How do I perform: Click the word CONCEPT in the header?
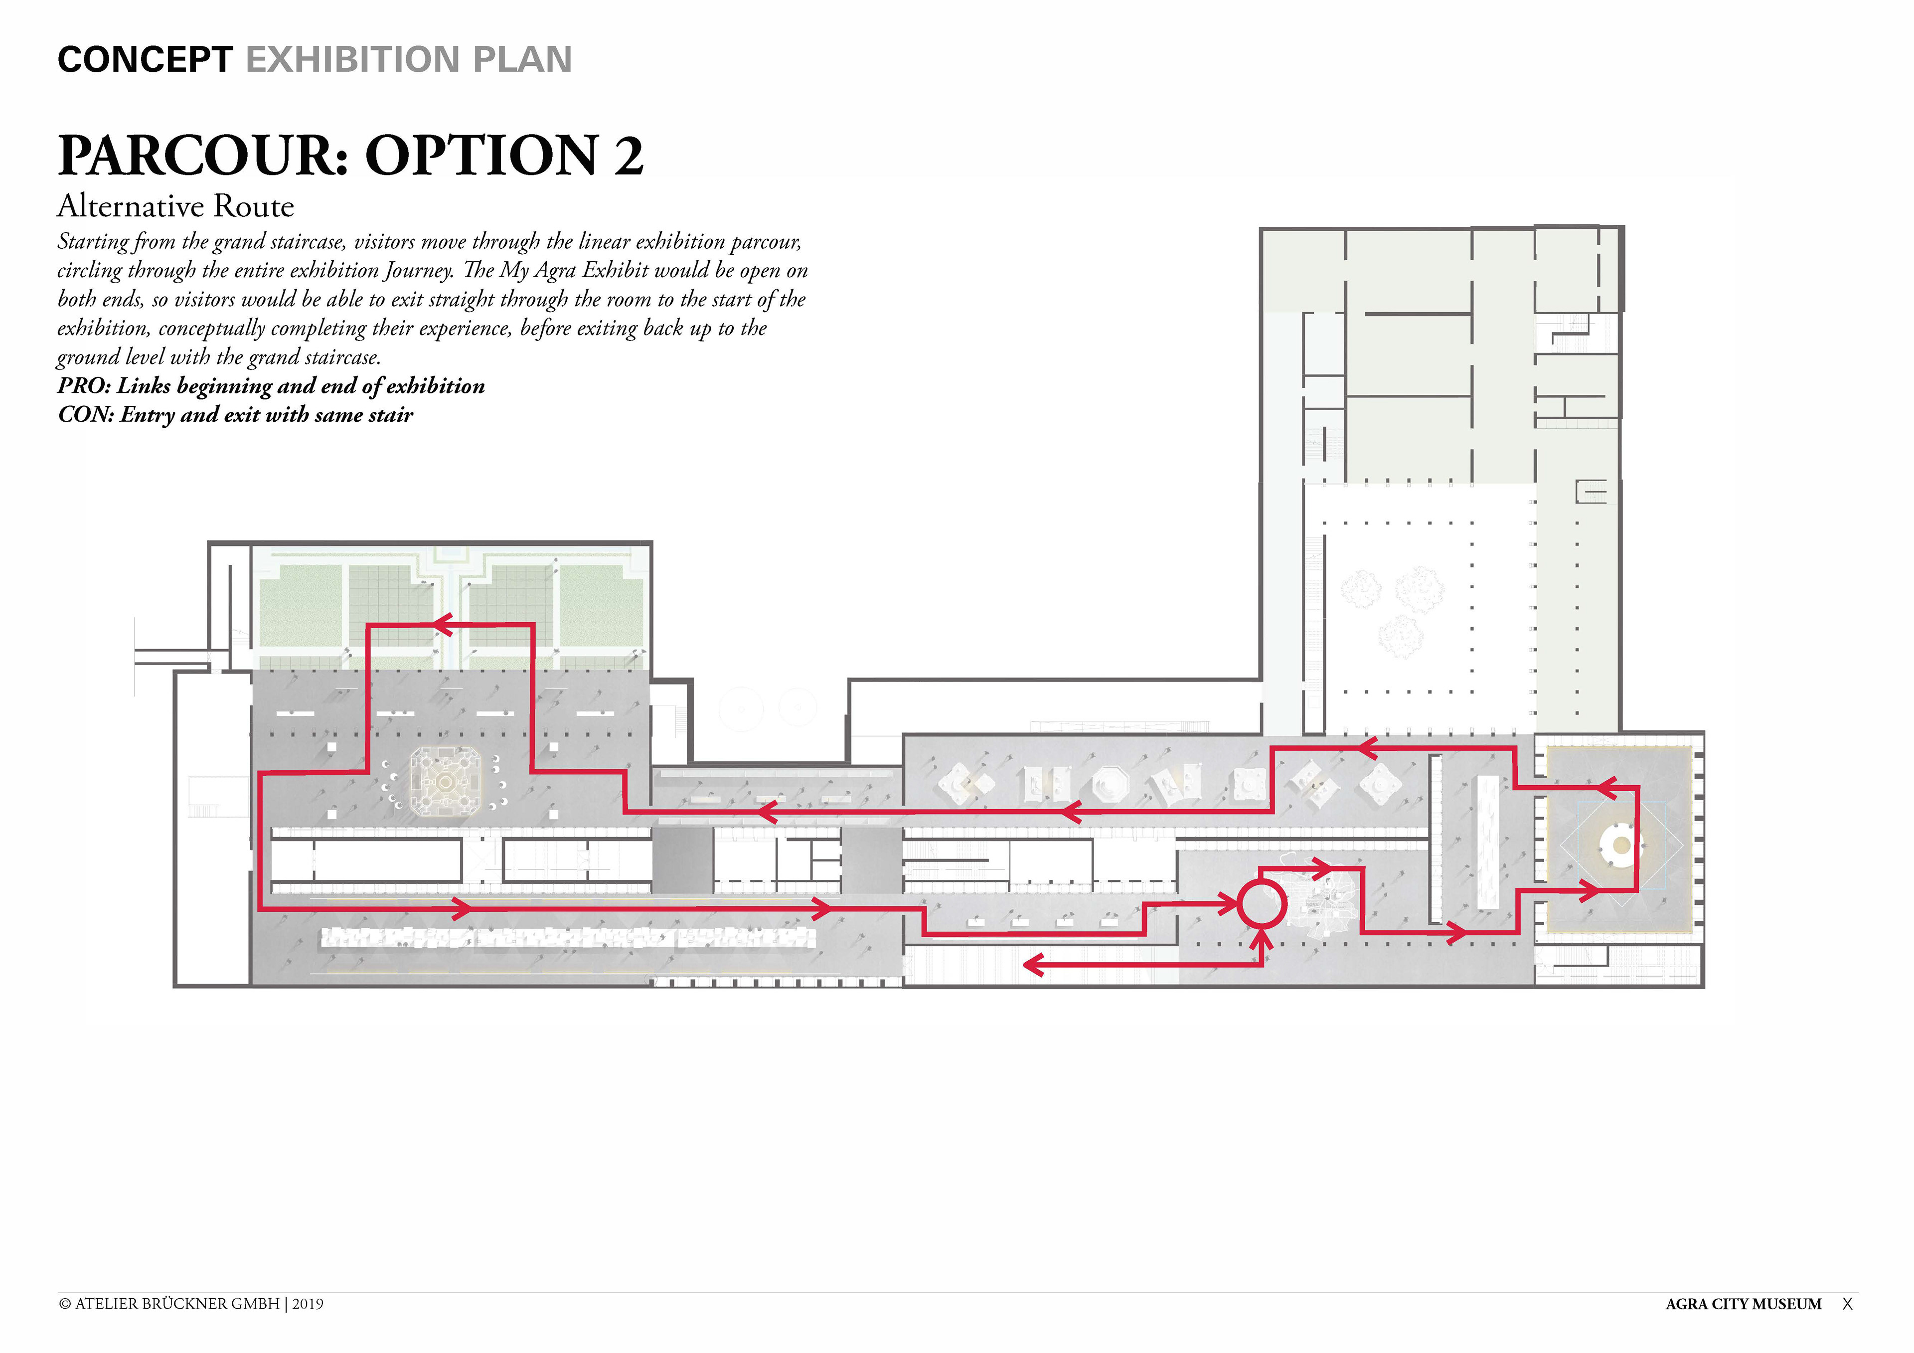(145, 59)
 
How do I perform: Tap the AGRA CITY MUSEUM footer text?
(1743, 1304)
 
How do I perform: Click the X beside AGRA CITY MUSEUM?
(1847, 1304)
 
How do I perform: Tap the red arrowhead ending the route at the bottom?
(1034, 965)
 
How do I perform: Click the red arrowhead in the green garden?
(441, 624)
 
